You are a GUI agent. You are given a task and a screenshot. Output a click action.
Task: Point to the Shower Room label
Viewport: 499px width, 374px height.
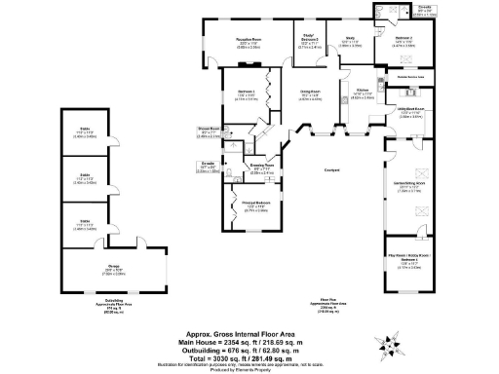pos(207,127)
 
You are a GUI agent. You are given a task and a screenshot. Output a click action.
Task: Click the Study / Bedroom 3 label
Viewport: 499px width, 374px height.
pos(309,41)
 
